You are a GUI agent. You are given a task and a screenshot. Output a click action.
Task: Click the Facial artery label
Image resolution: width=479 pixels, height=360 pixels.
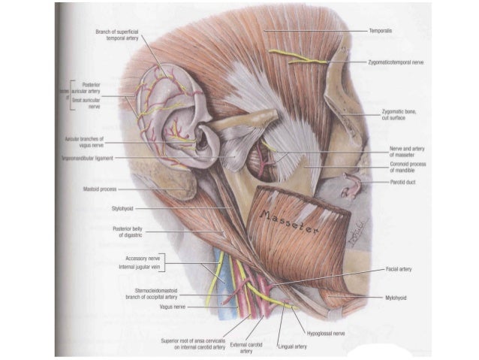pyautogui.click(x=402, y=268)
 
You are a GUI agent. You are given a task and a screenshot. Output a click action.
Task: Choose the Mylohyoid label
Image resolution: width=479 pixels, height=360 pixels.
pyautogui.click(x=397, y=298)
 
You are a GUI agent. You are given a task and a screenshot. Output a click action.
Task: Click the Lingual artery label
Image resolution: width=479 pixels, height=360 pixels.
pyautogui.click(x=292, y=346)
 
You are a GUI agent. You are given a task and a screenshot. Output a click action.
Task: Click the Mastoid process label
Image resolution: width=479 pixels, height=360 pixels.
pyautogui.click(x=100, y=189)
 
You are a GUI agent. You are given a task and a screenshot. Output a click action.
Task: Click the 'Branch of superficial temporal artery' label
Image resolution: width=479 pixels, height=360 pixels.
pyautogui.click(x=122, y=35)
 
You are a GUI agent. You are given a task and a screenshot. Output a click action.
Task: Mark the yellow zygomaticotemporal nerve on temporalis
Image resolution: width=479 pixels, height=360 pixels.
pyautogui.click(x=297, y=57)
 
